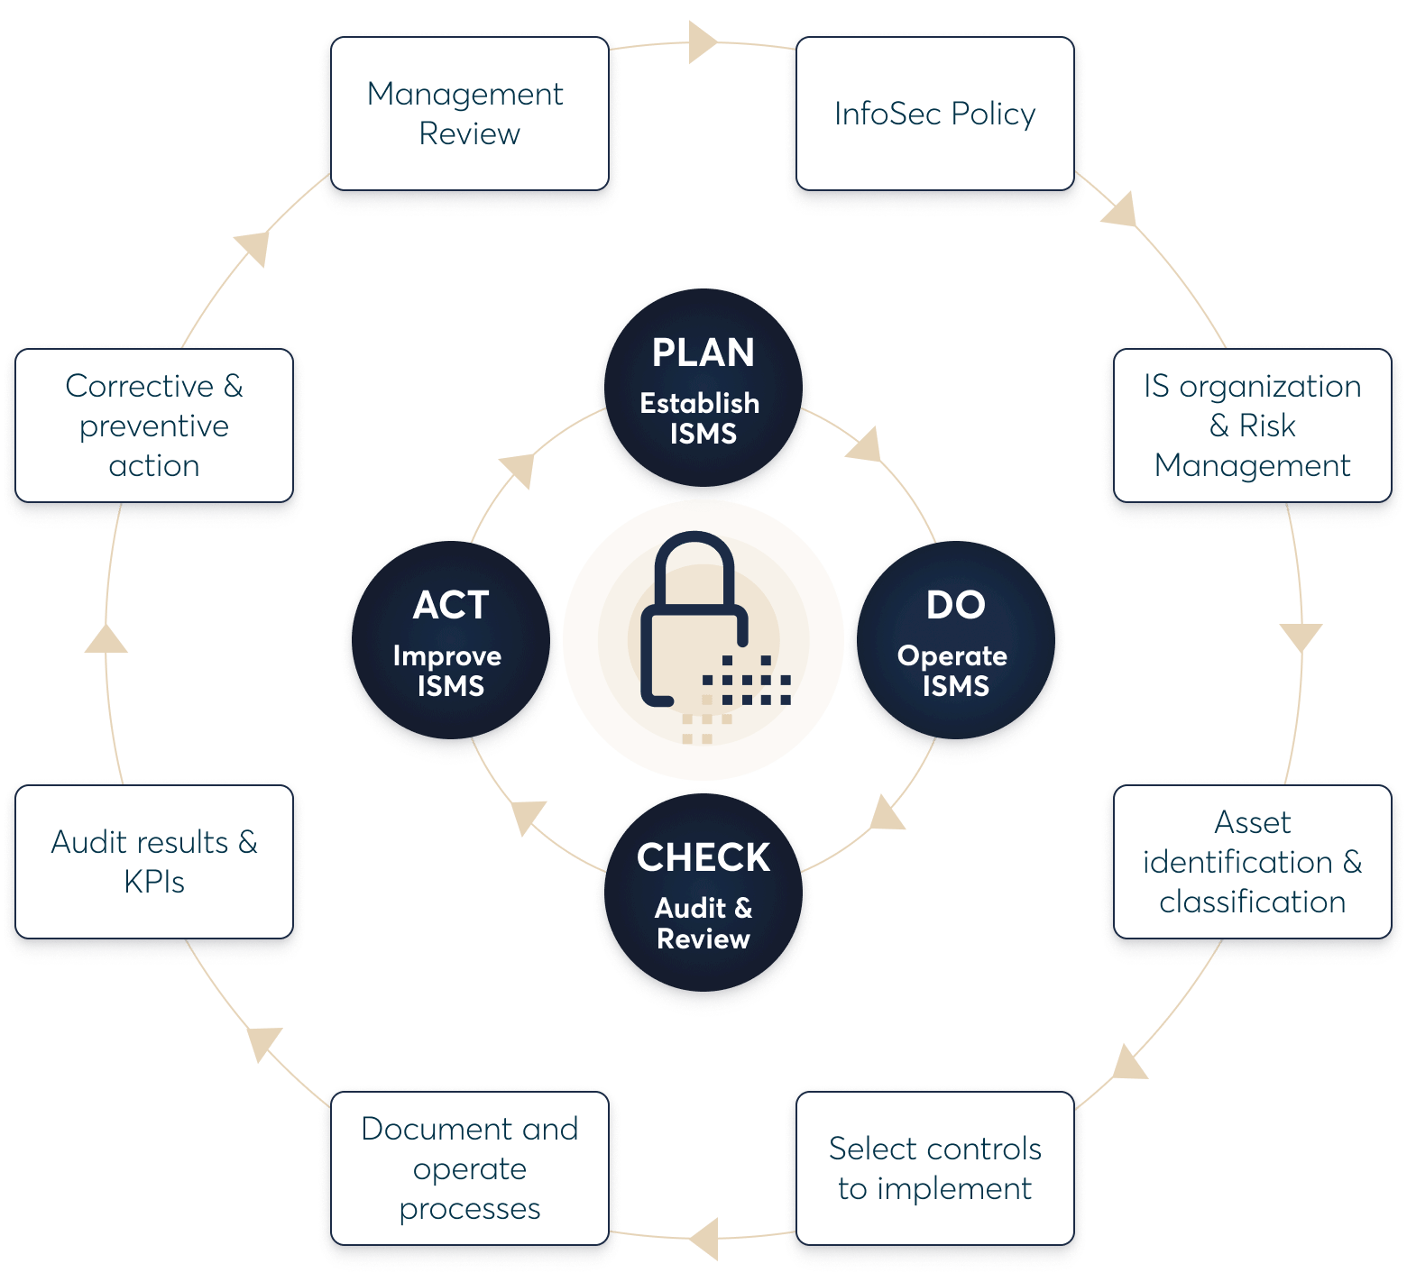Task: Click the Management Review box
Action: (x=470, y=114)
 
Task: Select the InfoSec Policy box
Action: (x=935, y=114)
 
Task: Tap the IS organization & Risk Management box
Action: (x=1252, y=426)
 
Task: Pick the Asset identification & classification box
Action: (x=1252, y=862)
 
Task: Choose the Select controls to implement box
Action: (x=935, y=1168)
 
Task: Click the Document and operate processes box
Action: (x=470, y=1168)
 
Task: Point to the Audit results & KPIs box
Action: (x=154, y=862)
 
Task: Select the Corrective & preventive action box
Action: (x=154, y=426)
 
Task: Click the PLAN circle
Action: (x=703, y=392)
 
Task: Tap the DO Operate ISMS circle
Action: (x=955, y=644)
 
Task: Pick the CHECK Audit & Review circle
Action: (x=703, y=896)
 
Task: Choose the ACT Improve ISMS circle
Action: (x=451, y=644)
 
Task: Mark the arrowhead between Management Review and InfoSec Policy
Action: (x=702, y=43)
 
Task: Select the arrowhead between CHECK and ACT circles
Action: (x=529, y=815)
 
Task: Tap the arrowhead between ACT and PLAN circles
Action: (x=519, y=469)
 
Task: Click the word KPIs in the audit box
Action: (x=154, y=882)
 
